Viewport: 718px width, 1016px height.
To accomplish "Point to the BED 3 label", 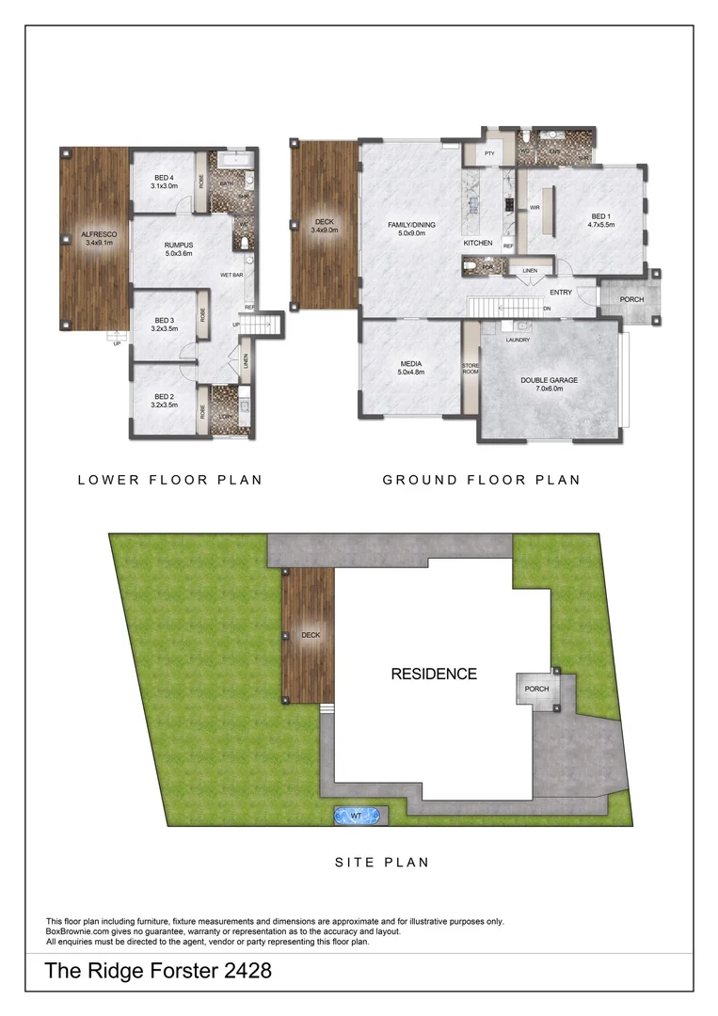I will tap(164, 324).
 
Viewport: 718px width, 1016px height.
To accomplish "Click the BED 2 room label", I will tap(164, 401).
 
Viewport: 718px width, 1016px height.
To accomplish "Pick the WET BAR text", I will tap(233, 275).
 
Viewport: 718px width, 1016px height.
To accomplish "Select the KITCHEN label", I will tap(478, 244).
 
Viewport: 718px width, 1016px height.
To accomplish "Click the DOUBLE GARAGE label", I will tap(549, 380).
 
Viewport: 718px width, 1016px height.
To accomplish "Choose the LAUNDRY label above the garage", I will tap(517, 339).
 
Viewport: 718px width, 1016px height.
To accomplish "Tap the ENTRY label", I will tap(561, 293).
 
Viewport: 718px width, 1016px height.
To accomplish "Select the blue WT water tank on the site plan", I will tap(357, 816).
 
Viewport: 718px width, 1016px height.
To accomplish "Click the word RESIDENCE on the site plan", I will tap(434, 674).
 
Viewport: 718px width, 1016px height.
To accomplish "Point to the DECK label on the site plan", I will tap(311, 635).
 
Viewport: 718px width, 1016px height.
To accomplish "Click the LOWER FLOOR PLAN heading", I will tap(169, 480).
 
